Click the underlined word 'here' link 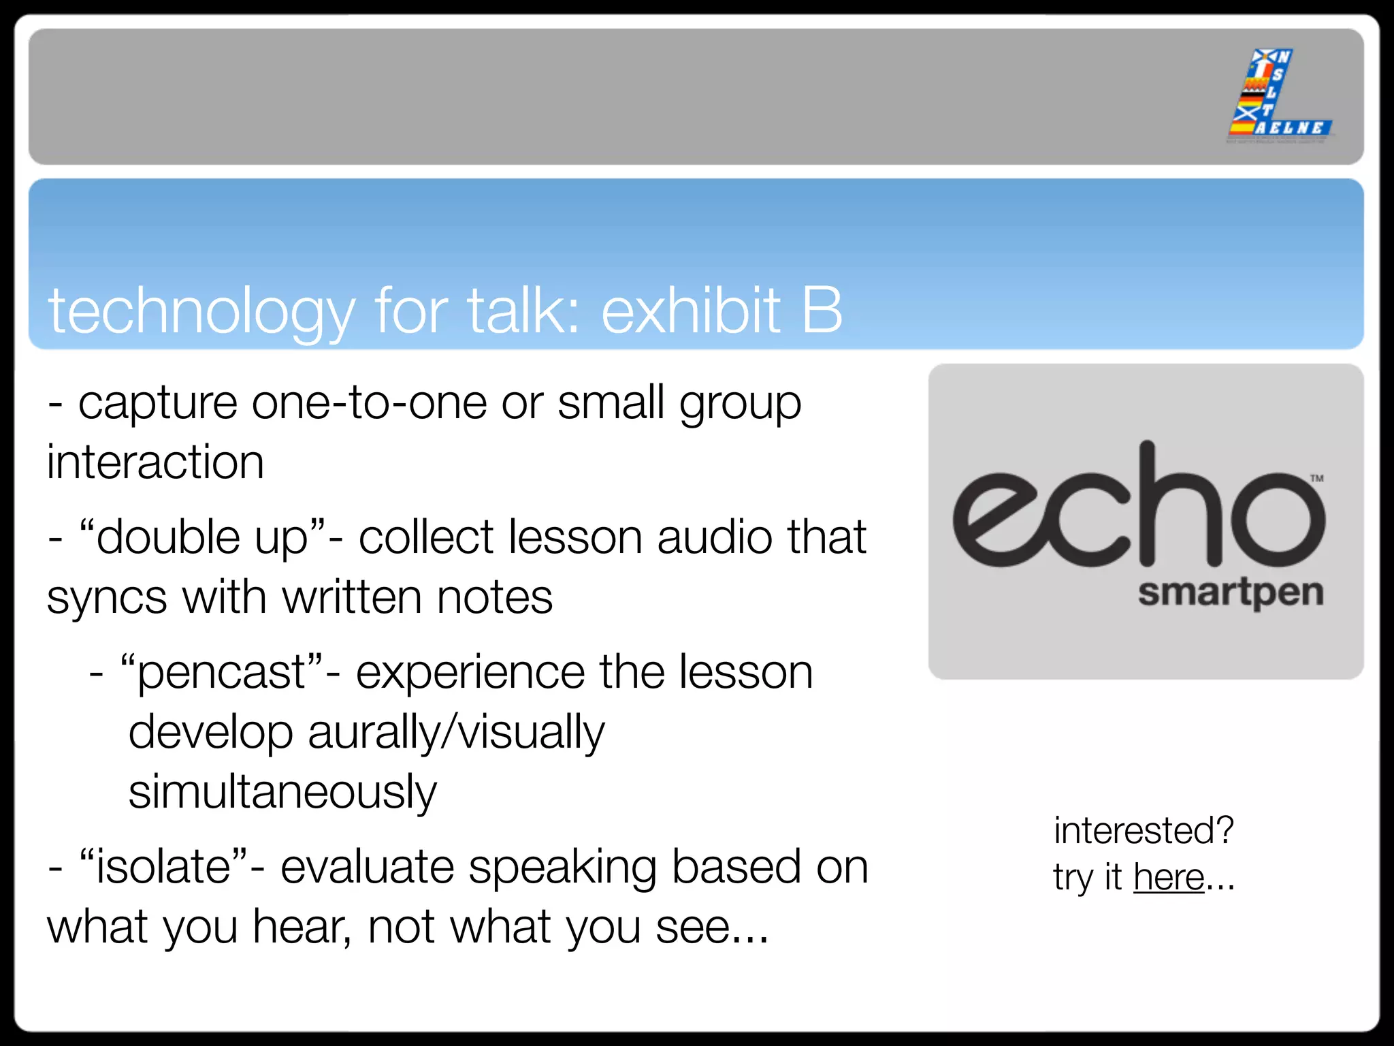pyautogui.click(x=1169, y=877)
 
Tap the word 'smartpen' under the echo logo pyautogui.click(x=1231, y=593)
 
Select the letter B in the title pyautogui.click(x=822, y=311)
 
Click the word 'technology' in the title pyautogui.click(x=201, y=312)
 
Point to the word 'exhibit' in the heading pyautogui.click(x=690, y=311)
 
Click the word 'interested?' pyautogui.click(x=1144, y=831)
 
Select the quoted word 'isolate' pyautogui.click(x=164, y=868)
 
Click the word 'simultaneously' pyautogui.click(x=282, y=793)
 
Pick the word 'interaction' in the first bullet pyautogui.click(x=155, y=462)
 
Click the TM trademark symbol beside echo pyautogui.click(x=1317, y=479)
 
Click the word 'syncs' pyautogui.click(x=107, y=598)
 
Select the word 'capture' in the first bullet pyautogui.click(x=158, y=403)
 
